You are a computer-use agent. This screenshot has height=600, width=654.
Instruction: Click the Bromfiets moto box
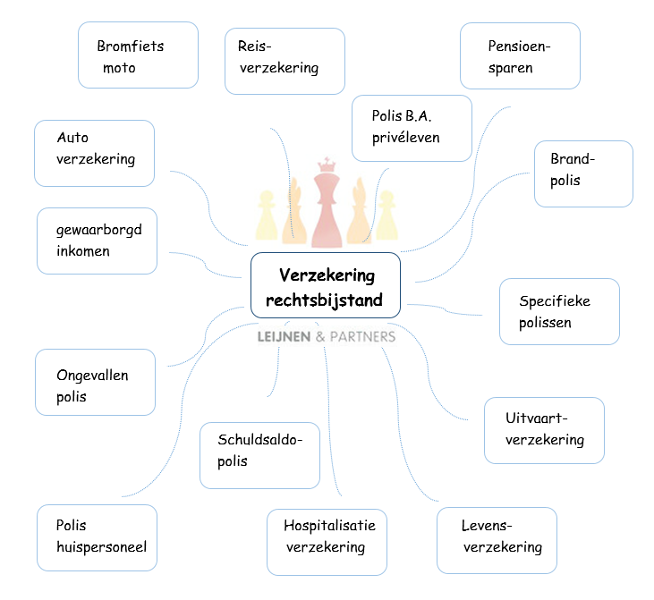coord(138,55)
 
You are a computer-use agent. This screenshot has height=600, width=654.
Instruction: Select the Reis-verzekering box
coord(285,61)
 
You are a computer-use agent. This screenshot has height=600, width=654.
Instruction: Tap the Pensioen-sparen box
coord(520,55)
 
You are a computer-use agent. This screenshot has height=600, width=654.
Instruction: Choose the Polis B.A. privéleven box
coord(412,128)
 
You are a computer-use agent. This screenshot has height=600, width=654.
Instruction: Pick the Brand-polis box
coord(583,173)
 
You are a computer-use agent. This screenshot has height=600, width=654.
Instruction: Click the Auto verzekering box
coord(94,153)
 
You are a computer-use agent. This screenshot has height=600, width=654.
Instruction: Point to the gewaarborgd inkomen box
coord(97,241)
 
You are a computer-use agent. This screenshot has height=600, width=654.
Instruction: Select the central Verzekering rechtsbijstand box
coord(325,285)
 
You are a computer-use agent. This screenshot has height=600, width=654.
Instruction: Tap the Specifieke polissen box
coord(559,311)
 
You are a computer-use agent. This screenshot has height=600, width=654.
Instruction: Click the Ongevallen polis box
coord(95,382)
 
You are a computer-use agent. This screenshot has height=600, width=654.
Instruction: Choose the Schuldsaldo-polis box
coord(259,455)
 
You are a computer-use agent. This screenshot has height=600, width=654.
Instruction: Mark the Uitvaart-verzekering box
coord(544,430)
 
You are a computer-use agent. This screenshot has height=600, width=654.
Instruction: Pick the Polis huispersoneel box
coord(97,537)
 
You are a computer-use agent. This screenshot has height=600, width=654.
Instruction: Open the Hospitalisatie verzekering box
coord(327,542)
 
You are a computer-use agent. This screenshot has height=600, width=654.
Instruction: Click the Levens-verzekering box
coord(497,540)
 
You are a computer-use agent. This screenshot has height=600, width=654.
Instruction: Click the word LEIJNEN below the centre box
coord(285,337)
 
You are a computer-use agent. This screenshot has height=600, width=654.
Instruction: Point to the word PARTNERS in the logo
coord(362,337)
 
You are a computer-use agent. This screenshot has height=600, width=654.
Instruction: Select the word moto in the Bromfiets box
coord(119,68)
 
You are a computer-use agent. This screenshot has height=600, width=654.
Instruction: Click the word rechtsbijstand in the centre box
coord(324,300)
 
